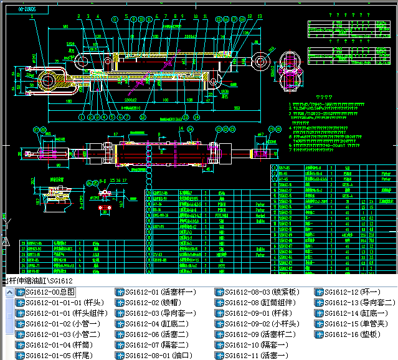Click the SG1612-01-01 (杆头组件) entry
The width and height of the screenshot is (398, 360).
pos(63,313)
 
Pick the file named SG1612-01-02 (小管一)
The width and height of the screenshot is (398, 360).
pos(59,323)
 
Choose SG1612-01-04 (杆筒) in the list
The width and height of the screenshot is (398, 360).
pos(59,344)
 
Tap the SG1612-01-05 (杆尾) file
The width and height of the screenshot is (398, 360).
pos(59,355)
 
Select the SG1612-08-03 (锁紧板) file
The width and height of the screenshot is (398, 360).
pos(262,291)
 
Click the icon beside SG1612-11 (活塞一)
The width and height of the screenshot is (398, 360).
pos(219,355)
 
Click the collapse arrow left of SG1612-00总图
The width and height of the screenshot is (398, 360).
pos(9,291)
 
